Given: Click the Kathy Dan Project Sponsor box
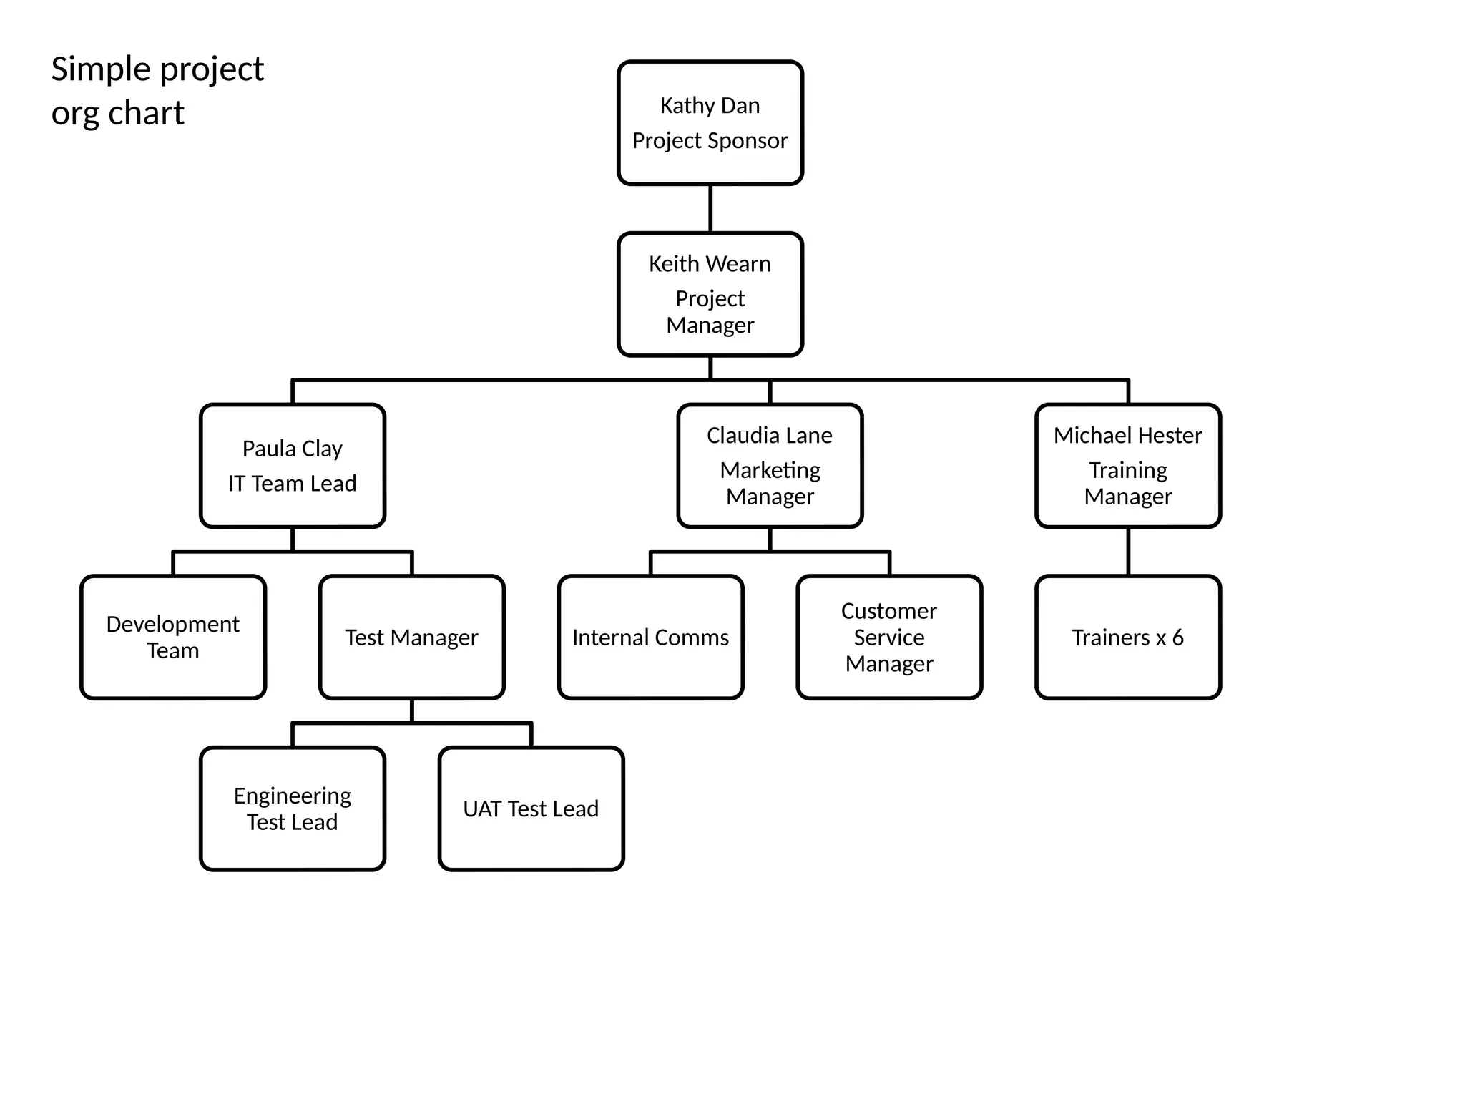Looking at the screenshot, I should tap(710, 123).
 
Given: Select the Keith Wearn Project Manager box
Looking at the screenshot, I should tap(710, 294).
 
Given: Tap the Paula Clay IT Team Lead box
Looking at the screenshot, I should tap(292, 466).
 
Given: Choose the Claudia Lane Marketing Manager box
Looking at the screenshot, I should tap(770, 466).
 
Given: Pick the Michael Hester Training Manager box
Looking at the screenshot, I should tap(1127, 466).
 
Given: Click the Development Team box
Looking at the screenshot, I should tap(173, 637).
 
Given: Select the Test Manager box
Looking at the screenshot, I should tap(411, 637).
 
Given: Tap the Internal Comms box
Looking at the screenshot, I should tap(650, 637).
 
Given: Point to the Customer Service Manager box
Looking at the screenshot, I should tap(889, 637).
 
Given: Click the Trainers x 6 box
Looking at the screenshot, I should tap(1127, 637).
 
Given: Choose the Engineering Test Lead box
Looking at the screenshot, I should tap(292, 809).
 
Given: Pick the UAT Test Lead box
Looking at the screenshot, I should tap(531, 809).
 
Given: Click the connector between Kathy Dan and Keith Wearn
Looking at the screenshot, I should tap(710, 208).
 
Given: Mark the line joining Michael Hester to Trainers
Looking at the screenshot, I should tap(1128, 551).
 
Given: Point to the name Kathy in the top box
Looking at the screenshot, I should tap(682, 106).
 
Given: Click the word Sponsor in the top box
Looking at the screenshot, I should tap(749, 141).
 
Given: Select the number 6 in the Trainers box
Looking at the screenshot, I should tap(1177, 638).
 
